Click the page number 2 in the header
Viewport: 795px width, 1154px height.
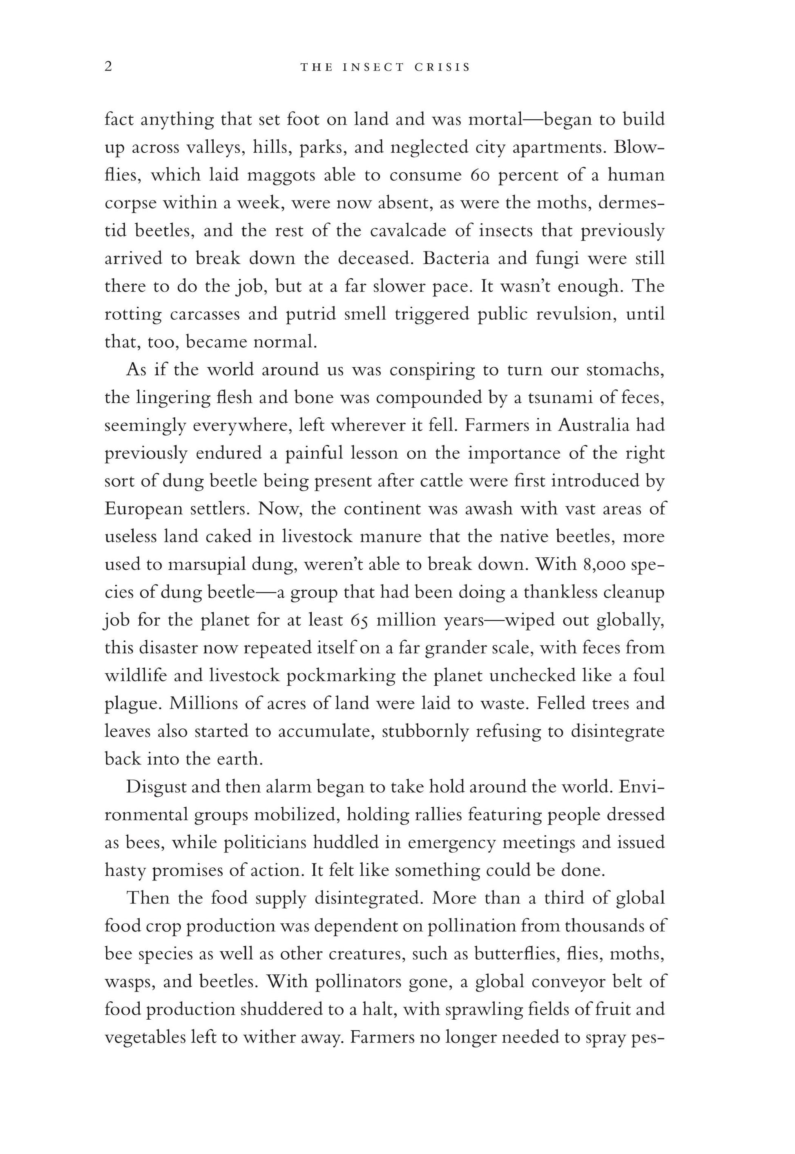tap(109, 67)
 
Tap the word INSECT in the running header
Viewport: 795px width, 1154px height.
tap(373, 67)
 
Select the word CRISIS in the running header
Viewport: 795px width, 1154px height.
tap(442, 67)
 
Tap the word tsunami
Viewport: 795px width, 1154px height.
tap(557, 398)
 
